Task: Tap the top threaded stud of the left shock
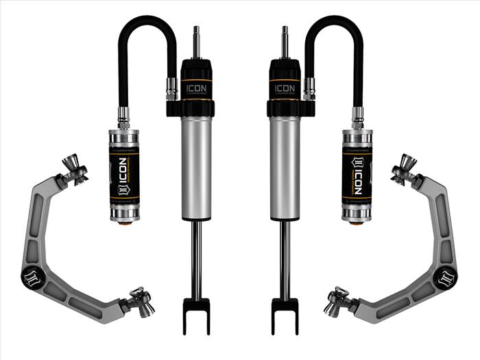click(x=197, y=41)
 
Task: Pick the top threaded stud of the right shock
click(x=283, y=41)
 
